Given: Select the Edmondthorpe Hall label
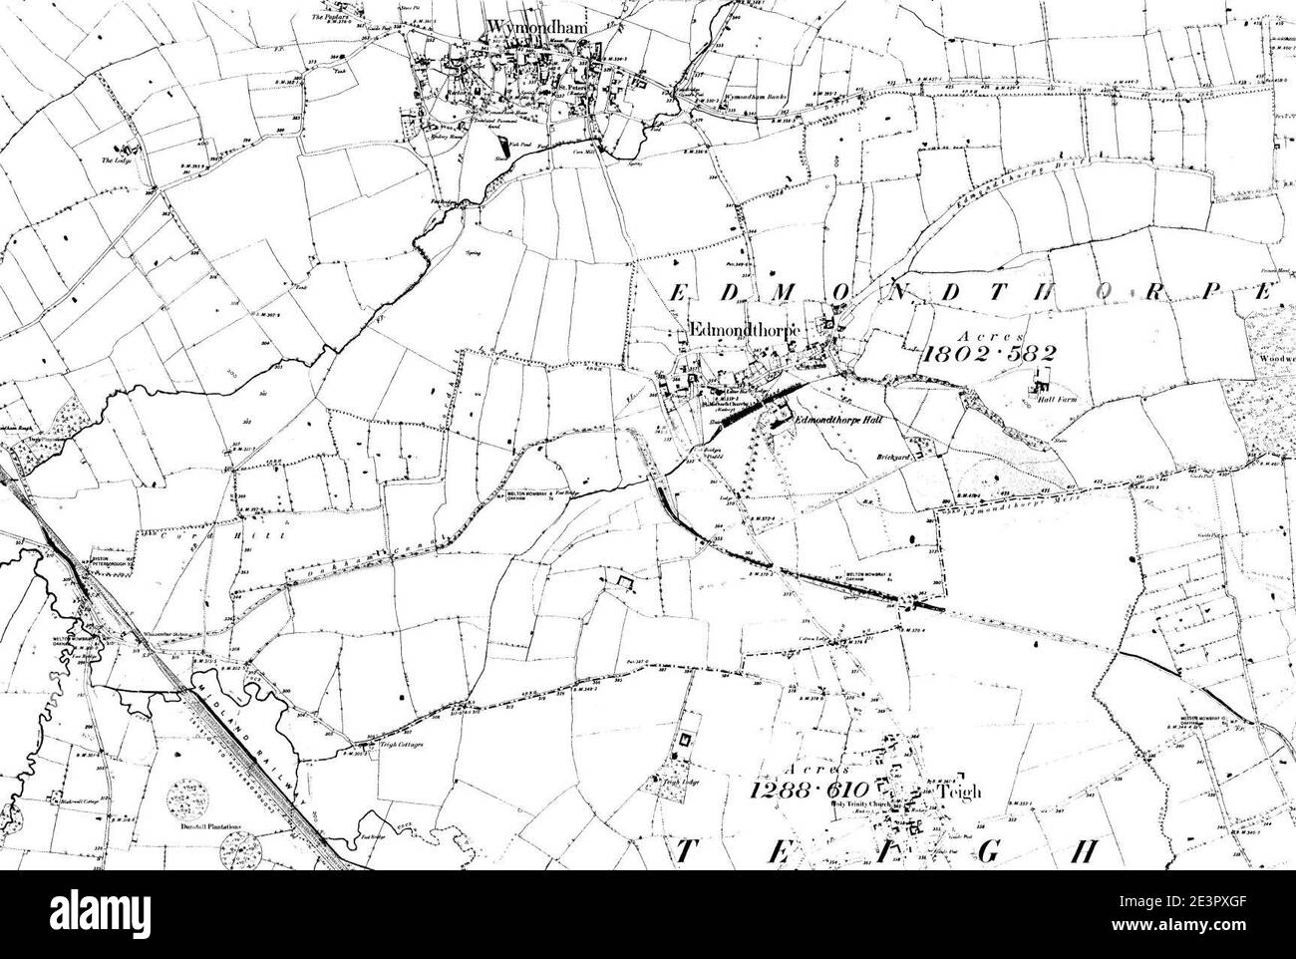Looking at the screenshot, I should click(835, 421).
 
